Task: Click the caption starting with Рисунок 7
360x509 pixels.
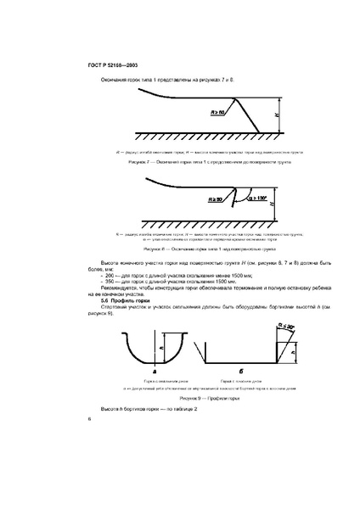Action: pyautogui.click(x=184, y=159)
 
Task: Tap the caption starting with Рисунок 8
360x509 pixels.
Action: pyautogui.click(x=184, y=250)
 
